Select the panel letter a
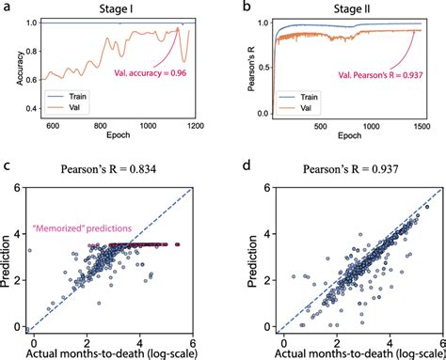(7, 8)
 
